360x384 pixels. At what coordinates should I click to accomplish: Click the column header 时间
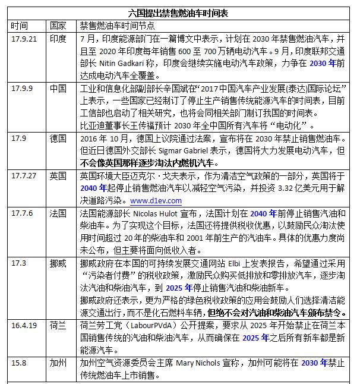coord(19,26)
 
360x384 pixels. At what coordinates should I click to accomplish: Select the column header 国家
coord(58,26)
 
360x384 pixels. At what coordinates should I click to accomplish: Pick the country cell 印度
coord(58,38)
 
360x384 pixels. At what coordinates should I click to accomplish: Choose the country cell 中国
coord(58,89)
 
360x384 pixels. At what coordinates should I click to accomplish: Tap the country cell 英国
coord(58,177)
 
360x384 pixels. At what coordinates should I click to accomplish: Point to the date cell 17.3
coord(19,263)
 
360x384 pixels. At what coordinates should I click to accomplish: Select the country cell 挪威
coord(58,263)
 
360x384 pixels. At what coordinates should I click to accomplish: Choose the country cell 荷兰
coord(58,326)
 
